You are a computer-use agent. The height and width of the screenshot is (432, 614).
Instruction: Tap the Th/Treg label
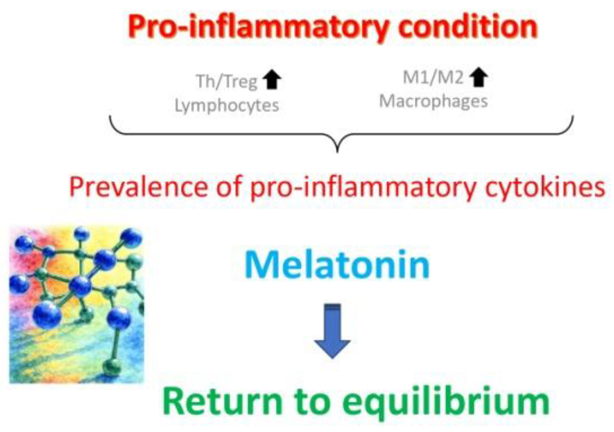[227, 81]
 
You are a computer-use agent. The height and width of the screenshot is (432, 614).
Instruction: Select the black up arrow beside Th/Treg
[272, 80]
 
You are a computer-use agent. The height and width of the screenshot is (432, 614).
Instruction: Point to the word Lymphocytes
[227, 105]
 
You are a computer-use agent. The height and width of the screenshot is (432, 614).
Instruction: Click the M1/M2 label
[433, 78]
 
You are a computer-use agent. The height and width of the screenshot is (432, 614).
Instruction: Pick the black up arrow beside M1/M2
[479, 78]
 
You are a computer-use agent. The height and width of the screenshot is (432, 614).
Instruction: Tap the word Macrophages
[434, 101]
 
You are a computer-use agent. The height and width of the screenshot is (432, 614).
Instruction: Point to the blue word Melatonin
[337, 265]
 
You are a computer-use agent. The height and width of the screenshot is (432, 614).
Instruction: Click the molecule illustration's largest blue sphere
[46, 314]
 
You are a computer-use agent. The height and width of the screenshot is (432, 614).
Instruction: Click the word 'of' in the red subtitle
[228, 187]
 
